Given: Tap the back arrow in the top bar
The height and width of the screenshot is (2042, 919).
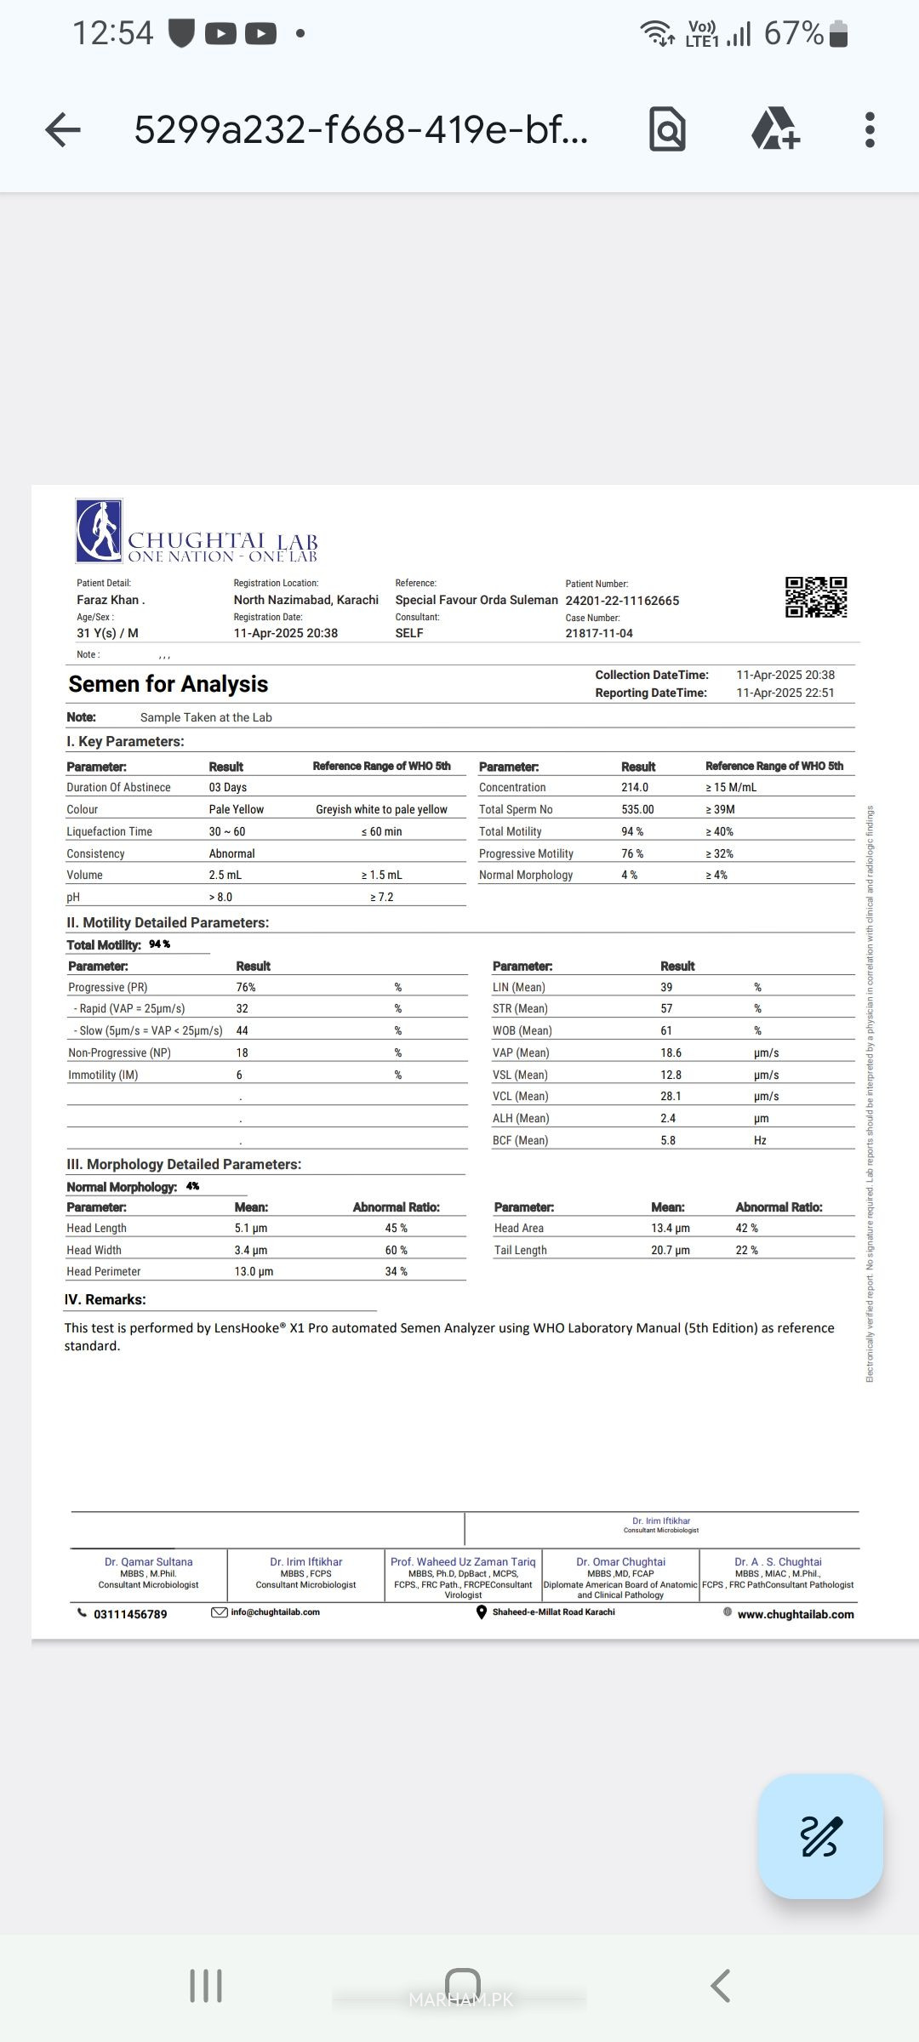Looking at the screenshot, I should point(63,130).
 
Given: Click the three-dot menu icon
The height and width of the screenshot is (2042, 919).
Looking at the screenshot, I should point(869,130).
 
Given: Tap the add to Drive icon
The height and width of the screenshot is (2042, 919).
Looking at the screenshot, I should point(774,129).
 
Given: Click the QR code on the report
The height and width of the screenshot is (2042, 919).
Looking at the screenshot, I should point(815,596).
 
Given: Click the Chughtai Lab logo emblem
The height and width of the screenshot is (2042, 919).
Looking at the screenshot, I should point(100,530).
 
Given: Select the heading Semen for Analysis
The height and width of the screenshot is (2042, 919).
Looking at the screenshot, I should point(168,684).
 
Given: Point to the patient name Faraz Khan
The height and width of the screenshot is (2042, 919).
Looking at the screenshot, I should point(111,600).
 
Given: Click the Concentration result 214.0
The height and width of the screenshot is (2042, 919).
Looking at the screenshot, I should point(635,788).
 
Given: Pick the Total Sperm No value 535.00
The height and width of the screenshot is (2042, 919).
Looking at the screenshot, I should point(637,810).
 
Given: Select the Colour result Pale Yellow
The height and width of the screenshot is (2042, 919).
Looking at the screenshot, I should point(237,810).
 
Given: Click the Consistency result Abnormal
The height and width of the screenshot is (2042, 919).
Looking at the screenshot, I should point(232,854).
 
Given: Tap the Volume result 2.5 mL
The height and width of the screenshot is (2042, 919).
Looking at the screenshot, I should point(225,876).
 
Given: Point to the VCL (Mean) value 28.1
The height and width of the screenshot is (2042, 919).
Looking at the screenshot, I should point(671,1097).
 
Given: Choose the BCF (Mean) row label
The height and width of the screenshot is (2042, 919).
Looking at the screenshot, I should point(520,1141).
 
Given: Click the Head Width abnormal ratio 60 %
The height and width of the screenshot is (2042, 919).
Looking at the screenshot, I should point(396,1251).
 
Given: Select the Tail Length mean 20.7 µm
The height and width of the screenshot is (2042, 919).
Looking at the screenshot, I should point(671,1251).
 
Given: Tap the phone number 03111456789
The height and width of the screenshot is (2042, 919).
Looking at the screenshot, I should point(130,1614).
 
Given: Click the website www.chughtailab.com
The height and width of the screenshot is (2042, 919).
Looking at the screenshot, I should point(796,1614).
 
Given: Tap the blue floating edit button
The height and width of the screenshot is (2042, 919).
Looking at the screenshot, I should point(820,1836).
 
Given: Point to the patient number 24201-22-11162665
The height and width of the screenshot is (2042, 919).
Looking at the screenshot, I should point(622,601).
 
